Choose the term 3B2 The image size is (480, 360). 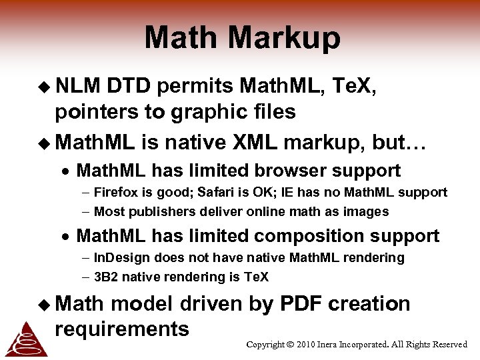[x=105, y=277]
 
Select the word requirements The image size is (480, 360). [x=122, y=329]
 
